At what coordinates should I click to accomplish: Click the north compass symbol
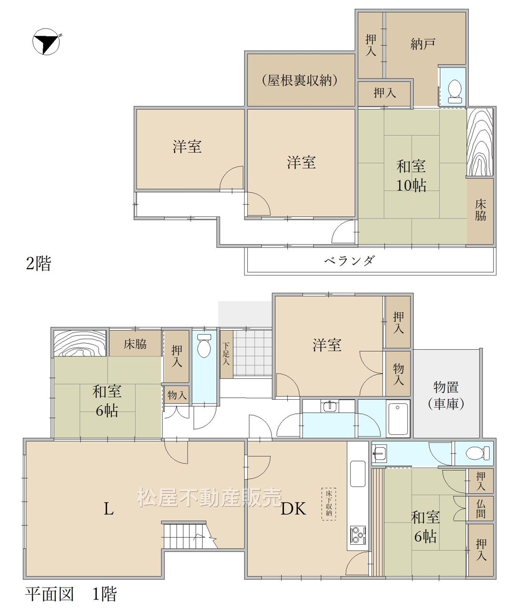click(46, 41)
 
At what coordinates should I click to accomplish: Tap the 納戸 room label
click(423, 44)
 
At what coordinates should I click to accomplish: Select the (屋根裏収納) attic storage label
click(300, 80)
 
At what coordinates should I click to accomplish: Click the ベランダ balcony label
click(350, 260)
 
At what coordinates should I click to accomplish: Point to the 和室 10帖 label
click(411, 176)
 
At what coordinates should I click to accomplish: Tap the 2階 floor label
click(39, 263)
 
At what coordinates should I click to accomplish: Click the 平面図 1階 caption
click(71, 594)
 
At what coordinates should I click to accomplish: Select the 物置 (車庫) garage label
click(446, 395)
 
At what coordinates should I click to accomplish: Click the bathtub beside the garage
click(398, 419)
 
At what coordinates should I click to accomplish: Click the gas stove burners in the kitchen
click(357, 535)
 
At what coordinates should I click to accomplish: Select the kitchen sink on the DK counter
click(358, 474)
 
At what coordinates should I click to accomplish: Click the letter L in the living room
click(108, 509)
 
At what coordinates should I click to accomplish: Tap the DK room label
click(294, 509)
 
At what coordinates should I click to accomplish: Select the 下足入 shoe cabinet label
click(226, 354)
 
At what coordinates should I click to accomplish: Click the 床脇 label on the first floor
click(135, 344)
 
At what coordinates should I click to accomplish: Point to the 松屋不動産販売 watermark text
click(209, 498)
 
